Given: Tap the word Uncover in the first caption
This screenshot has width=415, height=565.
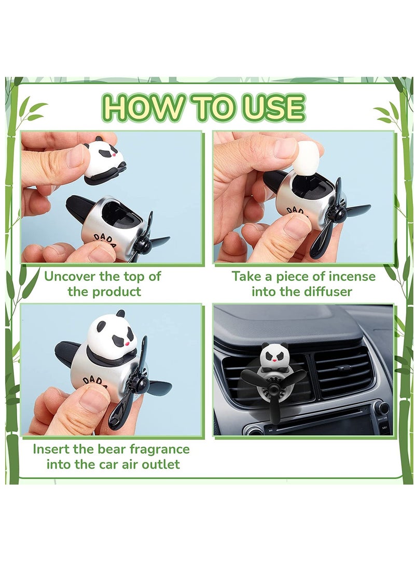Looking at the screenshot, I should pyautogui.click(x=72, y=276).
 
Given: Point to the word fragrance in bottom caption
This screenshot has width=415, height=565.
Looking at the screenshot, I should pyautogui.click(x=156, y=448).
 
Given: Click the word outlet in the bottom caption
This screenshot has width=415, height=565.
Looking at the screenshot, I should pyautogui.click(x=158, y=464).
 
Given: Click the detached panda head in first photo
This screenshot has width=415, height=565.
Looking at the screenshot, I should pyautogui.click(x=104, y=161).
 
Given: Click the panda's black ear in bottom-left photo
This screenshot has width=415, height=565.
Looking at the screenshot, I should pyautogui.click(x=120, y=313).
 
